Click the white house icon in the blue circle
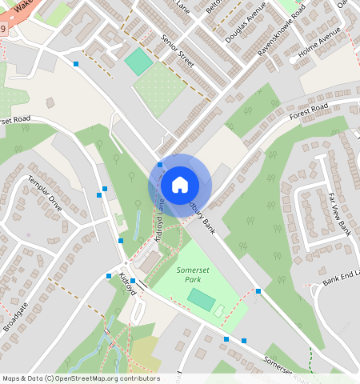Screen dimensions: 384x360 [x=180, y=185]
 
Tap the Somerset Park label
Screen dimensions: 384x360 [x=189, y=275]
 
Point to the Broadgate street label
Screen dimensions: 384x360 [x=16, y=316]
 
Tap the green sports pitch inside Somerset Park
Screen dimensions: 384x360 [x=201, y=300]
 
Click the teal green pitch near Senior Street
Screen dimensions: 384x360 [x=138, y=62]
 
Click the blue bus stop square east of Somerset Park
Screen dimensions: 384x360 [x=258, y=291]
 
